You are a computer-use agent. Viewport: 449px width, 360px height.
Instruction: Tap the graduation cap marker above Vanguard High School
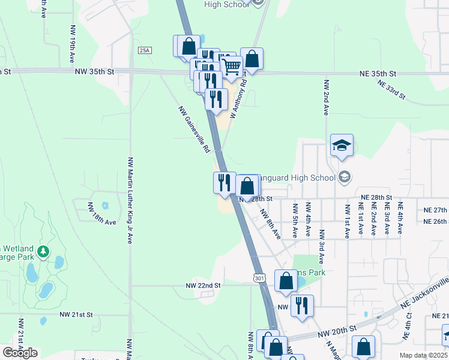click(x=342, y=146)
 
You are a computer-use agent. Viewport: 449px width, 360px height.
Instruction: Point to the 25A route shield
click(x=144, y=50)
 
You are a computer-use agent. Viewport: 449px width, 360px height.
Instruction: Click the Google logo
click(x=20, y=353)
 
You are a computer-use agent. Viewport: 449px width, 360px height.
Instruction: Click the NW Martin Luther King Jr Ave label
click(x=130, y=200)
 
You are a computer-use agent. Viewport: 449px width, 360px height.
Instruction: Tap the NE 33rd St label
click(x=392, y=89)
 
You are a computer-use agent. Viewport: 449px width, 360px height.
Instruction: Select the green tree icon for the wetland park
click(x=43, y=251)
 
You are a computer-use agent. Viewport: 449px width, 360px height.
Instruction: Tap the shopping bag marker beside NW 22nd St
click(x=286, y=280)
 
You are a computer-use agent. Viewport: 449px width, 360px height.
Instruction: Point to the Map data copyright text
click(x=424, y=355)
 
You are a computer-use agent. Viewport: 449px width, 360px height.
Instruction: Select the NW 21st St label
click(x=76, y=314)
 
